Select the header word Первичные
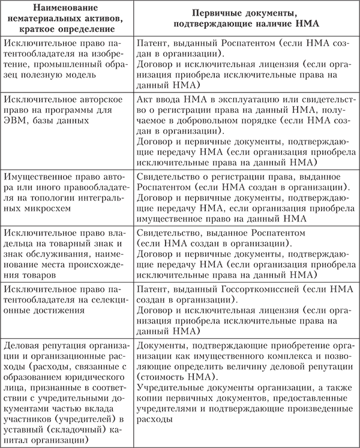(x=218, y=14)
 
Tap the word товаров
(x=25, y=273)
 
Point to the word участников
(x=31, y=420)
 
